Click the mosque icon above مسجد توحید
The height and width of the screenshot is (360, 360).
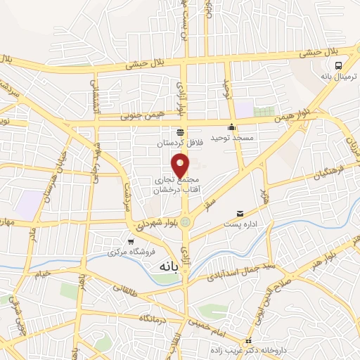231,127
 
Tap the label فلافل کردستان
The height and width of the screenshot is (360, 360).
180,143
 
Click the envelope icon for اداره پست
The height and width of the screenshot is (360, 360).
240,213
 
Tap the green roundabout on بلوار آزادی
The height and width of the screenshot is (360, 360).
185,222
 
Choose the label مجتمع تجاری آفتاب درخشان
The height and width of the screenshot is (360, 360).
175,185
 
